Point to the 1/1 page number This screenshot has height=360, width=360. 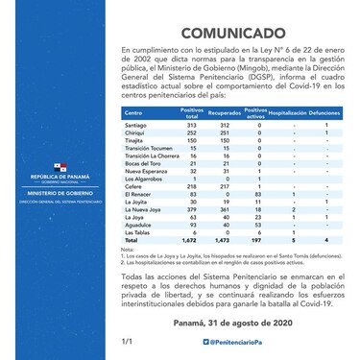pyautogui.click(x=126, y=341)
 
